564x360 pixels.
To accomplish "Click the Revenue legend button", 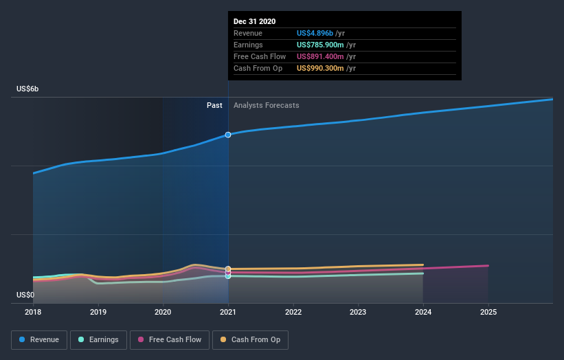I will tap(39, 339).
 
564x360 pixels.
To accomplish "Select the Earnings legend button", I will tap(98, 339).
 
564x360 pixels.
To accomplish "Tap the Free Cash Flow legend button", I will tap(169, 339).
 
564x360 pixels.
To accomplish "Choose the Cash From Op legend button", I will tap(250, 339).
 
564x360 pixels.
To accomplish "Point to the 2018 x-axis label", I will tap(33, 312).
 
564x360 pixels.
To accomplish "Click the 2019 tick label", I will tap(98, 312).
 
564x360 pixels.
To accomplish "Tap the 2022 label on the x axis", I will tap(293, 312).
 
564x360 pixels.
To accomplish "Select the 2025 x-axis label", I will tap(488, 312).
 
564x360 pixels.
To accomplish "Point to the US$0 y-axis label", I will tap(26, 295).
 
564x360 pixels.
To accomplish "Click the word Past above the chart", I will tap(214, 105).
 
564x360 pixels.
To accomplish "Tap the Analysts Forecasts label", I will tap(267, 105).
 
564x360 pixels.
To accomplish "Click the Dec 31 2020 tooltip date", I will tap(254, 21).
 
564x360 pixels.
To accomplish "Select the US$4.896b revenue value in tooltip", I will tap(315, 33).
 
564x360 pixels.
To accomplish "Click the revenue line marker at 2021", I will tap(228, 135).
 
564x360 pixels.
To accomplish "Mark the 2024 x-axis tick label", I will tap(423, 312).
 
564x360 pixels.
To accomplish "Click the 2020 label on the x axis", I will tap(163, 312).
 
